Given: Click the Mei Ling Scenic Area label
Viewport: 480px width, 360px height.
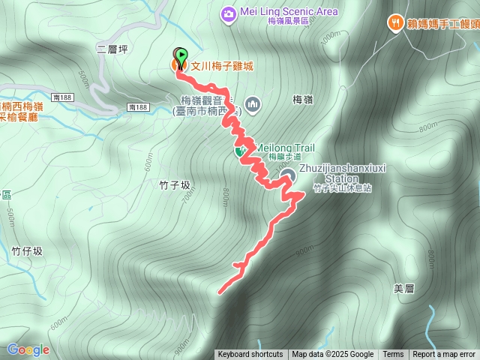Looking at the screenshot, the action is tap(289, 12).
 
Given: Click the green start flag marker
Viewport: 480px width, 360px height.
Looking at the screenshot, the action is tap(181, 54).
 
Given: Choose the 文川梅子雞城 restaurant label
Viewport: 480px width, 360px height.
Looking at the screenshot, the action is tap(222, 66).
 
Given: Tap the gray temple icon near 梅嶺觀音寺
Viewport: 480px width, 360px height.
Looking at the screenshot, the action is tap(252, 104).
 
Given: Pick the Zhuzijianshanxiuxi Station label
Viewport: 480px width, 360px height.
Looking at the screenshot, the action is tap(342, 173).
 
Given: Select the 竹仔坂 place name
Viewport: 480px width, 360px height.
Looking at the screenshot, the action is tap(27, 251).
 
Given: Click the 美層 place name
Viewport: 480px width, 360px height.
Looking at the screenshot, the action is tap(403, 288).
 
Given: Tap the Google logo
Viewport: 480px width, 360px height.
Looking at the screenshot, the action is tap(28, 349).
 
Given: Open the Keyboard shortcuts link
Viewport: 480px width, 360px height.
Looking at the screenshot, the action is tap(250, 355).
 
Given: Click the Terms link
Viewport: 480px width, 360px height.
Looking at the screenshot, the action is tap(393, 355).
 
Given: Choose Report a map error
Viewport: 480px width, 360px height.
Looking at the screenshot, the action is tap(444, 355).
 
